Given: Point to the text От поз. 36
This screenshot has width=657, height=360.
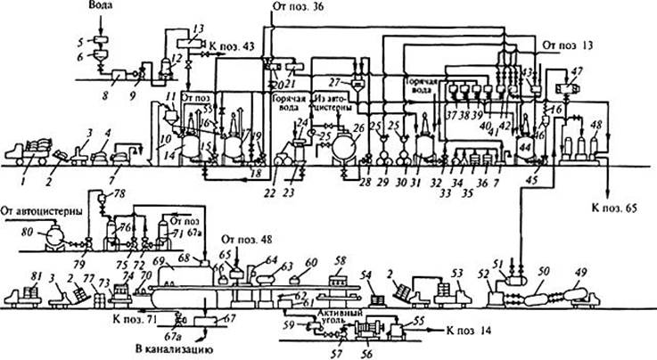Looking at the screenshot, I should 300,7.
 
